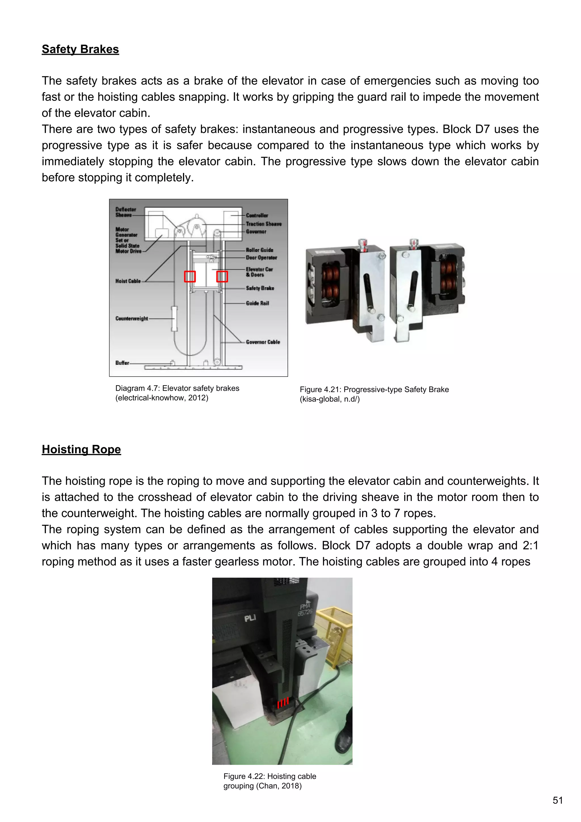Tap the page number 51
558,800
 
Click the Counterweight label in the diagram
131,318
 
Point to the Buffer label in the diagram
122,363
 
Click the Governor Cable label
263,342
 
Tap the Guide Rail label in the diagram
257,303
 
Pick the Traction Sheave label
263,224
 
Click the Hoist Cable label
128,281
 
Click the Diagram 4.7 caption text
177,393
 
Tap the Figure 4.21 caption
374,394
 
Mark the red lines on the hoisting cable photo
283,702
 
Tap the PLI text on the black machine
250,618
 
